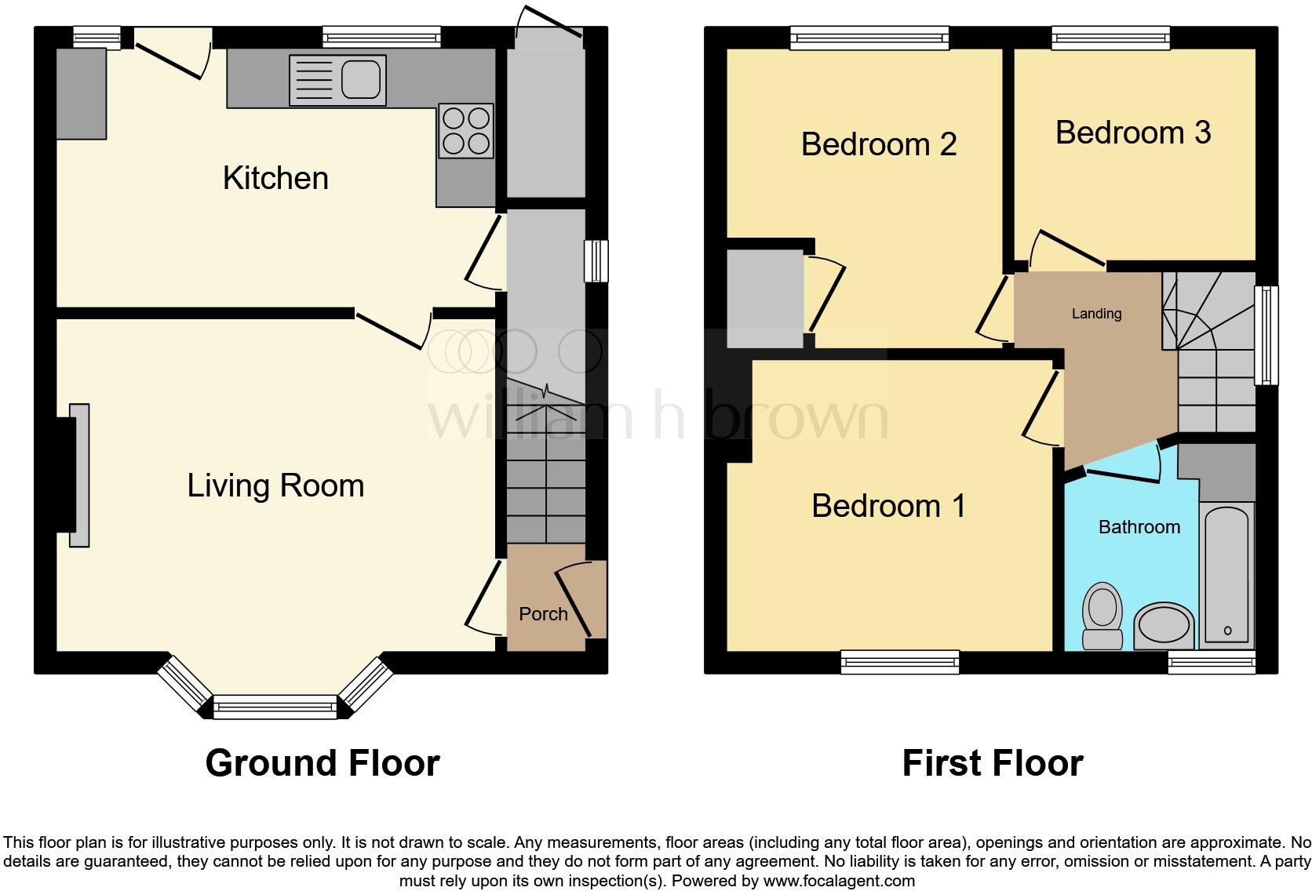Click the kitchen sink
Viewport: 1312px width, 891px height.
[337, 80]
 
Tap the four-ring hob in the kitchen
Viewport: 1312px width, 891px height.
[467, 131]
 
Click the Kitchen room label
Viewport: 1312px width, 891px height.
[275, 178]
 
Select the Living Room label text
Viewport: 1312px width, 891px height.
[275, 486]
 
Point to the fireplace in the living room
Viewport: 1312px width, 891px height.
[78, 475]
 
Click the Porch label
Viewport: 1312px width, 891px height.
[543, 613]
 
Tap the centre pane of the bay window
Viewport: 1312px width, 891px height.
[275, 708]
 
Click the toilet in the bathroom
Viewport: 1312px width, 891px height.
[1102, 615]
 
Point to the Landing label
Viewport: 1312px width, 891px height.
[1096, 314]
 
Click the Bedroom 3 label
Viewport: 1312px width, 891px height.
[1132, 133]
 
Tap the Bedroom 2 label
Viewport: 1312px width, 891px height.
[878, 144]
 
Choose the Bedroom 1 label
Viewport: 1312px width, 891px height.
[888, 506]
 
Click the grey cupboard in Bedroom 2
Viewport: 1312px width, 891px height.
[765, 299]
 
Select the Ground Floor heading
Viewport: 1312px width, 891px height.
[322, 762]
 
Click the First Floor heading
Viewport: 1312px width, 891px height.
[992, 762]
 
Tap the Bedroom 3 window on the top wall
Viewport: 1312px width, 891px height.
[1110, 36]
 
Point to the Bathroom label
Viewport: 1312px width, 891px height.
[1139, 527]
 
